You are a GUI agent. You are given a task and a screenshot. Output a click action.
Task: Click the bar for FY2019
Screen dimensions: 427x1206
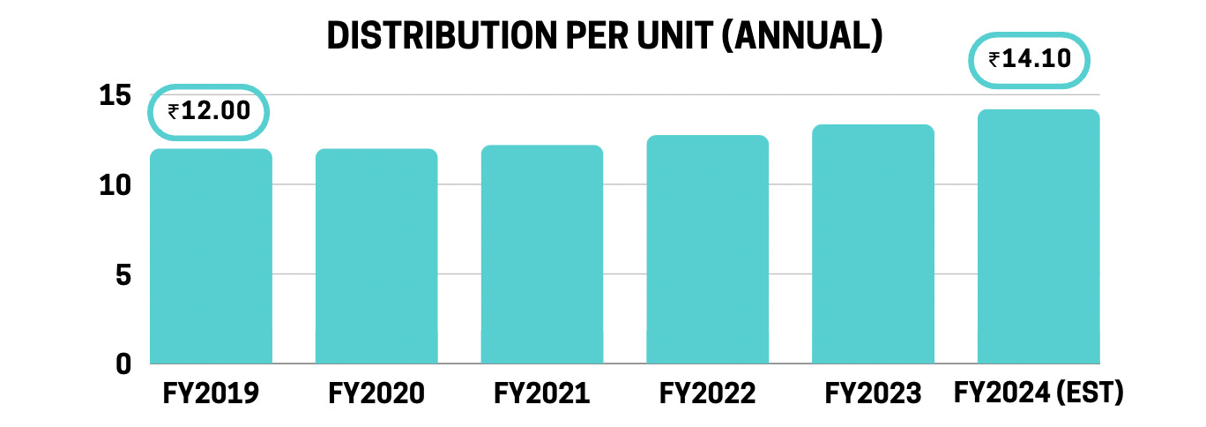coord(211,256)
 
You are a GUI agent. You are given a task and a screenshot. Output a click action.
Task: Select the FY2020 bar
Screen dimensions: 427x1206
coord(376,256)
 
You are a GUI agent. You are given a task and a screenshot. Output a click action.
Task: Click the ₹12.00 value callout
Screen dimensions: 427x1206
coord(209,111)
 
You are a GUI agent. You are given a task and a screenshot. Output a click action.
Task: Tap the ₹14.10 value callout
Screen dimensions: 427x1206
coord(1030,60)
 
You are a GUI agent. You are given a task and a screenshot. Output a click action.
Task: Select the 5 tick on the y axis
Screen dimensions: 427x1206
coord(123,275)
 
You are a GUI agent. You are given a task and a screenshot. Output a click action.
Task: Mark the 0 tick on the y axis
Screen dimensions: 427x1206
coord(123,363)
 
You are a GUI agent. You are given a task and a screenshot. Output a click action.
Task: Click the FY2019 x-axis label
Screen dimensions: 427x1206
coord(211,393)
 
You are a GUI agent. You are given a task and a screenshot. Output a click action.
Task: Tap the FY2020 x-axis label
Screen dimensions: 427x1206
coord(376,393)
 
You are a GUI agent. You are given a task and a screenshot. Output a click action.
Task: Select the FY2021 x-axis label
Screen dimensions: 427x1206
coord(542,393)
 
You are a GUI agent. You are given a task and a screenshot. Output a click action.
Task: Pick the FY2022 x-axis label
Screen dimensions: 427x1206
coord(707,393)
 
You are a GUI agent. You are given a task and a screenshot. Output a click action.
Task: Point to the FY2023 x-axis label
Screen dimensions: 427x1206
coord(873,393)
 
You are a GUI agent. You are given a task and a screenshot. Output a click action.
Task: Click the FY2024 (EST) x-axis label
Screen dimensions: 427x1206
coord(1038,393)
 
